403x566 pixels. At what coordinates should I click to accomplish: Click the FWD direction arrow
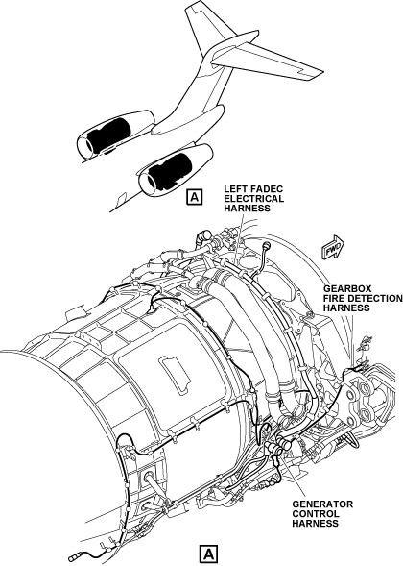click(x=333, y=247)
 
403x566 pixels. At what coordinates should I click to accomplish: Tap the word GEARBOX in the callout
click(x=343, y=289)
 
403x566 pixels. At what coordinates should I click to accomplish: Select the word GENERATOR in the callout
click(x=322, y=504)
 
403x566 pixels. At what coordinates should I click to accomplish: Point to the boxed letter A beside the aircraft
click(x=195, y=197)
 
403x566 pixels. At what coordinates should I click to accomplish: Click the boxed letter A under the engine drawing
click(x=209, y=554)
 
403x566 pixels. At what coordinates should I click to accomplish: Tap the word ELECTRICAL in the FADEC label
click(x=253, y=199)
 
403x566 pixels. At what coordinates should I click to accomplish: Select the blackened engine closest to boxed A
click(x=170, y=171)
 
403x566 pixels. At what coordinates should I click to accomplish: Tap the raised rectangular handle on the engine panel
click(x=174, y=374)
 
